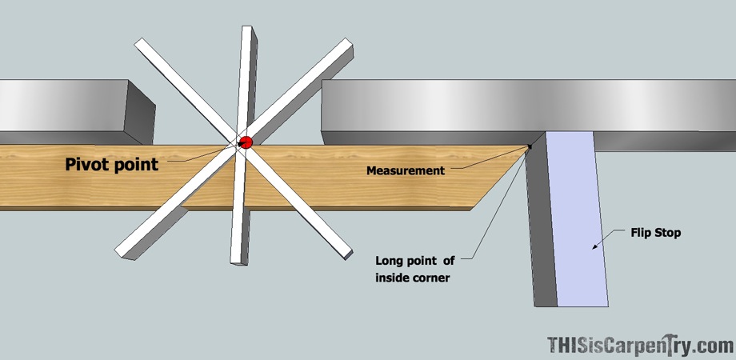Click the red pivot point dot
tap(246, 142)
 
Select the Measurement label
tap(406, 170)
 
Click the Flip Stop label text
tap(655, 233)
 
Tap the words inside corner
tap(413, 278)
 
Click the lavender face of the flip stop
tap(577, 218)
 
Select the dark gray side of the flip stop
tap(541, 221)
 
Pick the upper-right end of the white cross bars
tap(348, 44)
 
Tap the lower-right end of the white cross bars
tap(347, 253)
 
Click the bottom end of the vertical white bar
tap(238, 261)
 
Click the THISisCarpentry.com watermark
tap(641, 345)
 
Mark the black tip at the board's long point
tap(530, 146)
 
